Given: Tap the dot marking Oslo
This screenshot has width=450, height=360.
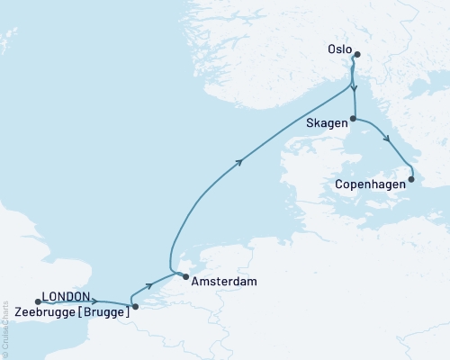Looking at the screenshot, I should (x=355, y=54).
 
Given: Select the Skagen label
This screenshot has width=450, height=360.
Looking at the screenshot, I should (x=326, y=123).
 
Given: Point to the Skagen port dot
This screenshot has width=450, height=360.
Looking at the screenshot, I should (x=353, y=119).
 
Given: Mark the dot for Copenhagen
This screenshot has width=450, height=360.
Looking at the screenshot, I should (x=411, y=179).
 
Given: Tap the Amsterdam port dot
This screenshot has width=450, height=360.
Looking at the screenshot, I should (x=185, y=277).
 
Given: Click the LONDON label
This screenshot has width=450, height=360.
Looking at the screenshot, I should (x=66, y=296).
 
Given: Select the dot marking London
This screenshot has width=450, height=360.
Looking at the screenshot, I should (x=37, y=290).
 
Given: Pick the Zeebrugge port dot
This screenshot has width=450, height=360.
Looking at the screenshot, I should (x=135, y=307).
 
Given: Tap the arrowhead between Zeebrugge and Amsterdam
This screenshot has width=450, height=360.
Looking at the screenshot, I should (x=149, y=285).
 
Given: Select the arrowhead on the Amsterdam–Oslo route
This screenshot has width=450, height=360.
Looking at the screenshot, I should (x=239, y=162).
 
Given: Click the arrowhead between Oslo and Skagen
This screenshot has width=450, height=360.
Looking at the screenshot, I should (x=355, y=88).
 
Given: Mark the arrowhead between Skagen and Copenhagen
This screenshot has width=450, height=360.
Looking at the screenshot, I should (x=387, y=139).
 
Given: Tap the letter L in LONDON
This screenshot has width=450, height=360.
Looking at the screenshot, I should (x=45, y=296).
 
